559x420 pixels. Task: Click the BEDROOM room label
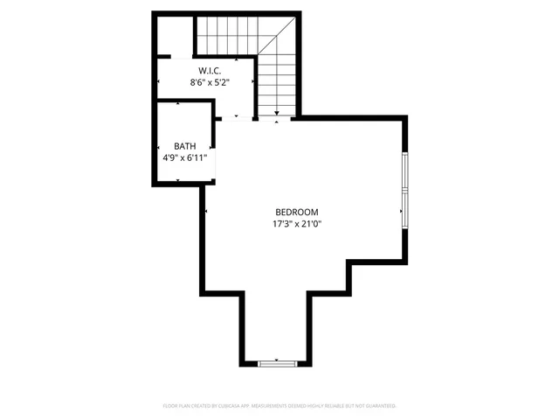[296, 212]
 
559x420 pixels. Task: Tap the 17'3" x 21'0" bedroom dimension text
[296, 224]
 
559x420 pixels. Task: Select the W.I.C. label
[209, 70]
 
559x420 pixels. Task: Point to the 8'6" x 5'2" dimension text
[209, 82]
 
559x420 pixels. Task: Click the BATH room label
[184, 146]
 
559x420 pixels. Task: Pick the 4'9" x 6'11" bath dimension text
[184, 158]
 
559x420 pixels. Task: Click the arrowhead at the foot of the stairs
[278, 112]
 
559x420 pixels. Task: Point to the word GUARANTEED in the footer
[382, 406]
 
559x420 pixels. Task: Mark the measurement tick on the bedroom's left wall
[205, 212]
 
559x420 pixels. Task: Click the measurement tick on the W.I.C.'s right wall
[253, 81]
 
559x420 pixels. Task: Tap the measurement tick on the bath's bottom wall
[178, 180]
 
